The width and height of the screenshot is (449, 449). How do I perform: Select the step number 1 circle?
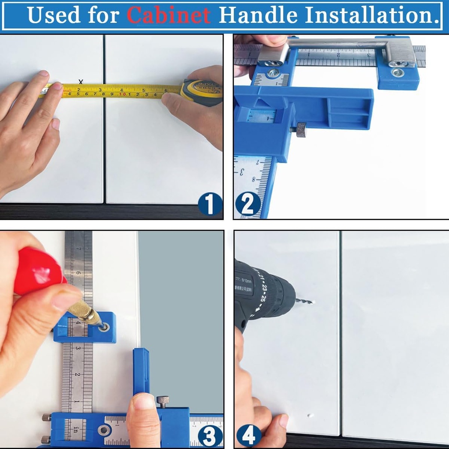click(210, 204)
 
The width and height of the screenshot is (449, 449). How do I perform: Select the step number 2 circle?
click(247, 204)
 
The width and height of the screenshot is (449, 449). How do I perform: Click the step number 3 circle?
click(210, 435)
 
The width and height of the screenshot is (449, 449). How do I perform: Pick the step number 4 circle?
click(248, 435)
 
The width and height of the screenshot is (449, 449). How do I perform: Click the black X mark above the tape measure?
click(81, 82)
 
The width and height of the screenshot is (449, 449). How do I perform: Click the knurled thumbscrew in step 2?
click(301, 130)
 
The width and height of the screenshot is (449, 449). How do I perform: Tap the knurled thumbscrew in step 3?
click(163, 400)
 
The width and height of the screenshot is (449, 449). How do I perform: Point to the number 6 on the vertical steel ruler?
click(78, 273)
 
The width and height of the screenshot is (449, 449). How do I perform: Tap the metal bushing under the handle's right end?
click(398, 73)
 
